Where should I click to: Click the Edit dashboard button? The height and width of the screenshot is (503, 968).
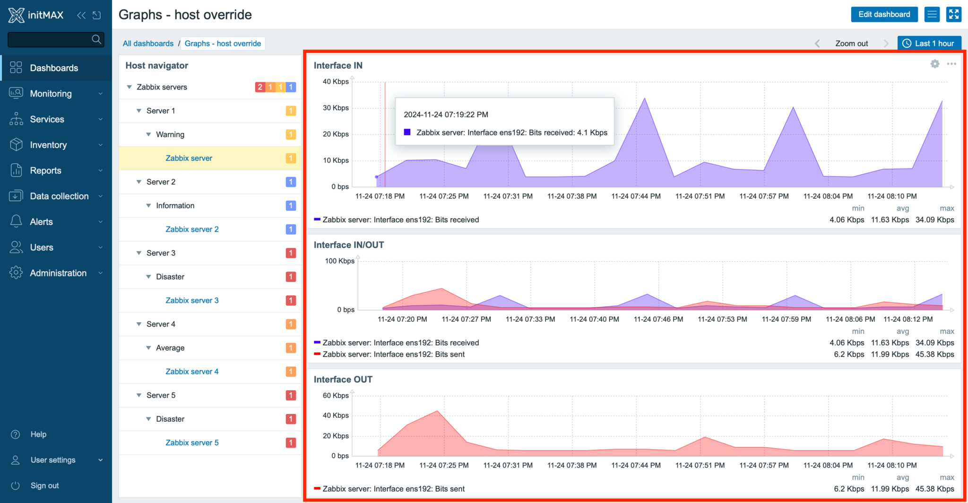coord(884,14)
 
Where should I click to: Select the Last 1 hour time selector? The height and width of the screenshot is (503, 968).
coord(929,44)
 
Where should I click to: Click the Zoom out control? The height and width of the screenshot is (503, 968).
coord(851,44)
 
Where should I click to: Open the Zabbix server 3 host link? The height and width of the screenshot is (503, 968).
coord(192,300)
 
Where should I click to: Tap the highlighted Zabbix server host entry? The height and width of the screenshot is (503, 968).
coord(189,158)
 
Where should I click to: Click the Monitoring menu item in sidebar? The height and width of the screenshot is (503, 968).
coord(51,94)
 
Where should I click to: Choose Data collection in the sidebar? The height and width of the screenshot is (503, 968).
coord(59,196)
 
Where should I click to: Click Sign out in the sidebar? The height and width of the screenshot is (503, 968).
coord(44,485)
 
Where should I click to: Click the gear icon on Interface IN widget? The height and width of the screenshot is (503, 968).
coord(934,64)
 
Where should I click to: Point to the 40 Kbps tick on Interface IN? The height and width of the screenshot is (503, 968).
coord(336,81)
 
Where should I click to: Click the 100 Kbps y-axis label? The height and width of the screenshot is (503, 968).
coord(339,261)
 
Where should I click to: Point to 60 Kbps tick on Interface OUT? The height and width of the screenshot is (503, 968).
coord(336,396)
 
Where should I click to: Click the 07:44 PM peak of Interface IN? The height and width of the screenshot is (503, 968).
coord(645,99)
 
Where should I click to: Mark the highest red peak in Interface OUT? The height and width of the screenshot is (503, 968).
coord(438,411)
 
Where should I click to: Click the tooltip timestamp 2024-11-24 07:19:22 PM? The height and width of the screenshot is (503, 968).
coord(446,115)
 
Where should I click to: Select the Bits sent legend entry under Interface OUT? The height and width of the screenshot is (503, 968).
coord(393,489)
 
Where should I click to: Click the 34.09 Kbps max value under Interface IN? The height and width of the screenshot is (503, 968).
coord(934,220)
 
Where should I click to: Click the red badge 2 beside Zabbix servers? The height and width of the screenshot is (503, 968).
coord(259,87)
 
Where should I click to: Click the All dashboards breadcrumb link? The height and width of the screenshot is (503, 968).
coord(148,44)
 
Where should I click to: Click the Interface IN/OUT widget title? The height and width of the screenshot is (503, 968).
coord(348,245)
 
